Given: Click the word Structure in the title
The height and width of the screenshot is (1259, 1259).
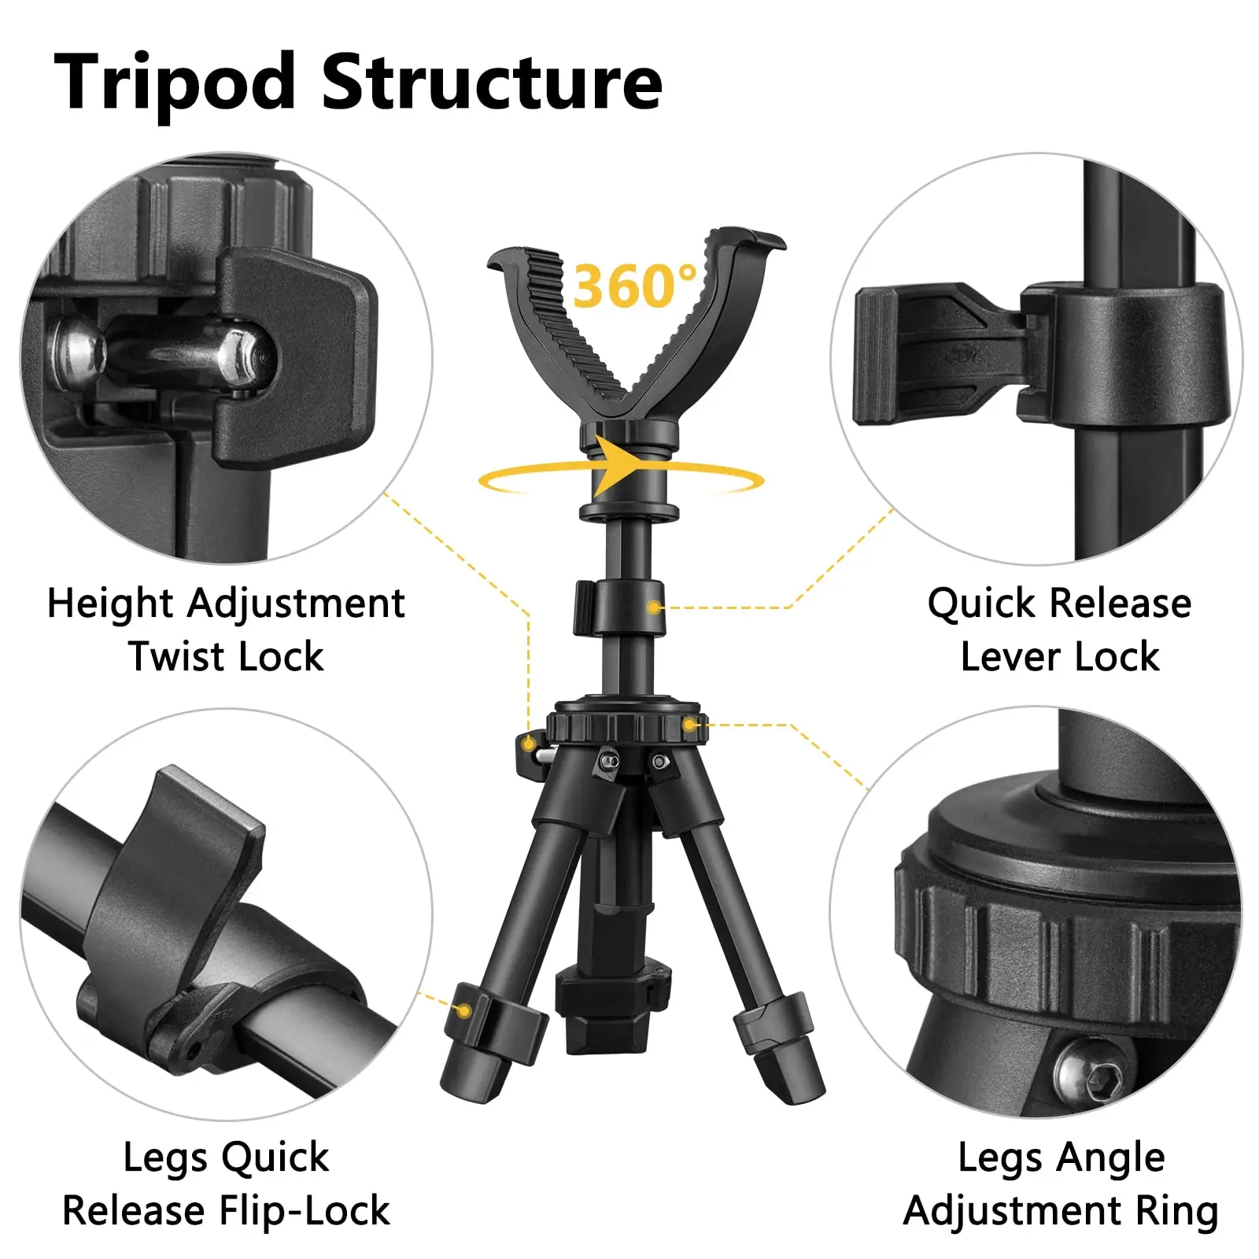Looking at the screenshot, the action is [493, 81].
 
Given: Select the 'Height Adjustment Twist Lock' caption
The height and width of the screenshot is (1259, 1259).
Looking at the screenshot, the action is [226, 629].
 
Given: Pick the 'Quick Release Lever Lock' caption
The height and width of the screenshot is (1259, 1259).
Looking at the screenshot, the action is [1059, 629].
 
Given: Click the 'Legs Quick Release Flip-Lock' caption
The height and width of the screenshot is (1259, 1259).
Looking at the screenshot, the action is [226, 1183].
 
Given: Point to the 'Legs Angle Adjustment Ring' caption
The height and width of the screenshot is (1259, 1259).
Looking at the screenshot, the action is [1061, 1183].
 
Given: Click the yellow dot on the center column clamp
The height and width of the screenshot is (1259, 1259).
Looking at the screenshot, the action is [653, 607].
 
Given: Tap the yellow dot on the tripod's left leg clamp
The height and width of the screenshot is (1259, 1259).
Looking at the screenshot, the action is [465, 1011].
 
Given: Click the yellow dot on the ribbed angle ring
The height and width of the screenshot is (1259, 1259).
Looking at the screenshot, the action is [689, 725].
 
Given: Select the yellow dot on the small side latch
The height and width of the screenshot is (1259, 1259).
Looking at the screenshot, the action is [529, 744].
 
